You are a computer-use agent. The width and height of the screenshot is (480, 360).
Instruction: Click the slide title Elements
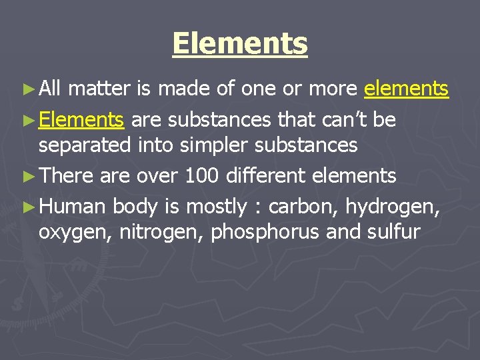click(x=240, y=44)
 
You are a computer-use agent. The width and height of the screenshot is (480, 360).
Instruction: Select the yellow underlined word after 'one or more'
click(x=406, y=88)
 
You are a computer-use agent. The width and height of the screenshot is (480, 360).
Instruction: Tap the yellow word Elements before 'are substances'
click(x=81, y=120)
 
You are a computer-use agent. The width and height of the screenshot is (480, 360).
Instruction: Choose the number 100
click(x=201, y=176)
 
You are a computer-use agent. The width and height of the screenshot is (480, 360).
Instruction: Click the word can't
click(x=338, y=120)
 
